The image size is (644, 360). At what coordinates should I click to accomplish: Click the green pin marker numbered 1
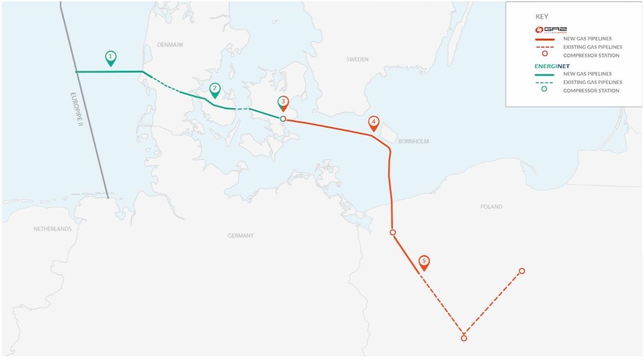tap(110, 58)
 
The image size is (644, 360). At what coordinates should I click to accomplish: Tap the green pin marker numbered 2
tap(215, 89)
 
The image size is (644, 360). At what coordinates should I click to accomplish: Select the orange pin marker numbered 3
tap(283, 103)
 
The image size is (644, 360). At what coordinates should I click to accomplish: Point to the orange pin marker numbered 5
tap(424, 262)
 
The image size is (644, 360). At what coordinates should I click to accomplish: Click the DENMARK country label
tap(170, 45)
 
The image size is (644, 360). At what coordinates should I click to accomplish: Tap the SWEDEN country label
tap(357, 60)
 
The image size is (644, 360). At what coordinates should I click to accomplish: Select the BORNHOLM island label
tap(413, 142)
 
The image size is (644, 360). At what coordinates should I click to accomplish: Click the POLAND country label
tap(491, 207)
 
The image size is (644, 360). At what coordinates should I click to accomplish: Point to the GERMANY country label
tap(241, 236)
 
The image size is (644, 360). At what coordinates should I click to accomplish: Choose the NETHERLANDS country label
tap(52, 229)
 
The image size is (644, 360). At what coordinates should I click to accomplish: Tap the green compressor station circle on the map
tap(283, 118)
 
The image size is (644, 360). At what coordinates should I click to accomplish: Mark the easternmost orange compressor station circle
tap(522, 271)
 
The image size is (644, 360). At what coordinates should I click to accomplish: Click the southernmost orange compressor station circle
tap(464, 338)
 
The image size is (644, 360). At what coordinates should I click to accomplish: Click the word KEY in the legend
tap(542, 17)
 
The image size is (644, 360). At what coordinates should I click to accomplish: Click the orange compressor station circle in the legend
tap(545, 55)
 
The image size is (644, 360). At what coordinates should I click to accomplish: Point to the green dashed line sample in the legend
tap(545, 82)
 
